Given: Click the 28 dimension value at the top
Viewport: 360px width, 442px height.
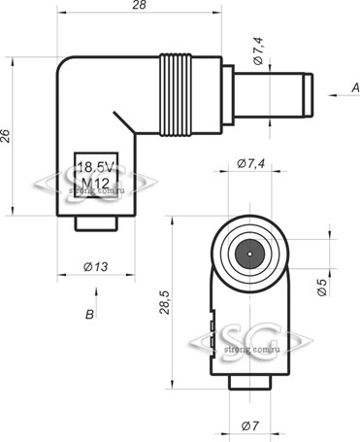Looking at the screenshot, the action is pyautogui.click(x=139, y=5).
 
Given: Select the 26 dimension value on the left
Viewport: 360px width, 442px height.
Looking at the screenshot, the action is pyautogui.click(x=6, y=136).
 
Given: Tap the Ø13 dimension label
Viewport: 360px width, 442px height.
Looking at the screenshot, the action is pyautogui.click(x=96, y=267).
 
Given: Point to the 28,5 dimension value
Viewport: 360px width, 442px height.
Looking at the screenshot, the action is pyautogui.click(x=165, y=302).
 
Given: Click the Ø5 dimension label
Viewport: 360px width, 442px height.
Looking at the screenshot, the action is pyautogui.click(x=322, y=287).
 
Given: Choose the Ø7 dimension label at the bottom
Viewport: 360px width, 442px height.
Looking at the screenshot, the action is pyautogui.click(x=250, y=425).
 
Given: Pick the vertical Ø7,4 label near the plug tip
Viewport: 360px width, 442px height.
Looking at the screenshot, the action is pyautogui.click(x=259, y=51).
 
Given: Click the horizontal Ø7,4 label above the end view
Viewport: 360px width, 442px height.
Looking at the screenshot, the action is pyautogui.click(x=251, y=164).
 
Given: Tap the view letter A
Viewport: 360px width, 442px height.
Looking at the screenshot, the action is pyautogui.click(x=355, y=87).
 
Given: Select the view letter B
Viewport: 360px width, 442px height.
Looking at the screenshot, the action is pyautogui.click(x=89, y=315).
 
